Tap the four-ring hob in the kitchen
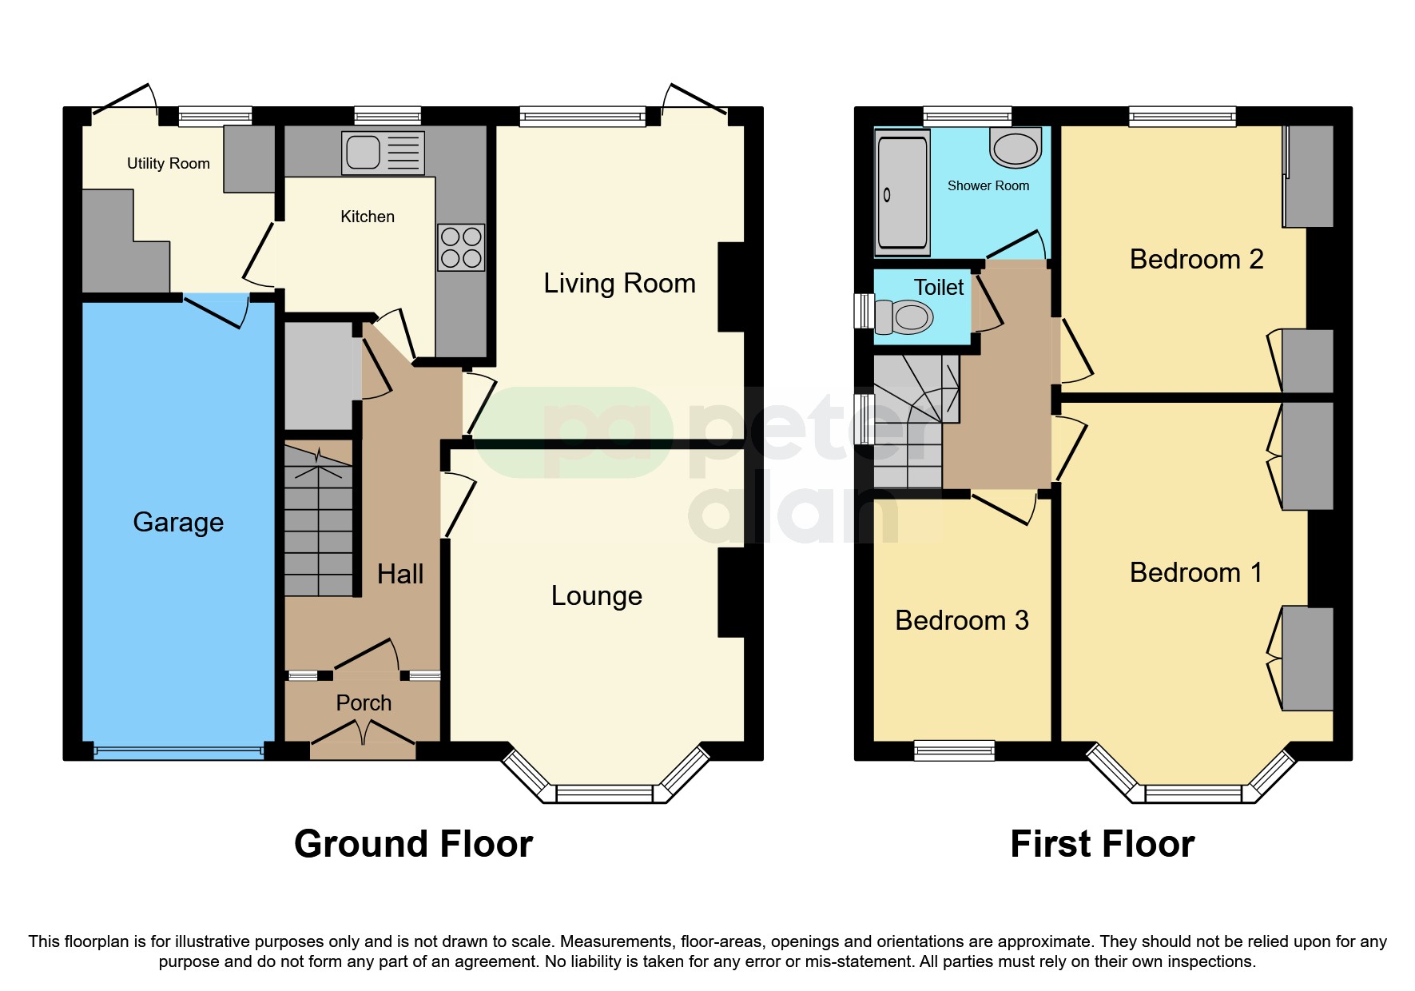pos(461,247)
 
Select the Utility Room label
pos(169,163)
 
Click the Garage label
pos(178,522)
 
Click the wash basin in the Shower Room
pos(1016,148)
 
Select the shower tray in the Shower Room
pos(902,193)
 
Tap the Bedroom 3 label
pos(961,620)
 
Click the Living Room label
pos(619,283)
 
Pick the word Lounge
pos(596,595)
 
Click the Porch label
pos(364,702)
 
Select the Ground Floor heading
pos(413,844)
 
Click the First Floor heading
pos(1102,844)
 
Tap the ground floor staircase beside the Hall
pos(319,527)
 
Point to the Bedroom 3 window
pos(954,750)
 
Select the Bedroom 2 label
pos(1196,259)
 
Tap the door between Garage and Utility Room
pos(216,309)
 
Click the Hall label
pos(399,574)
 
